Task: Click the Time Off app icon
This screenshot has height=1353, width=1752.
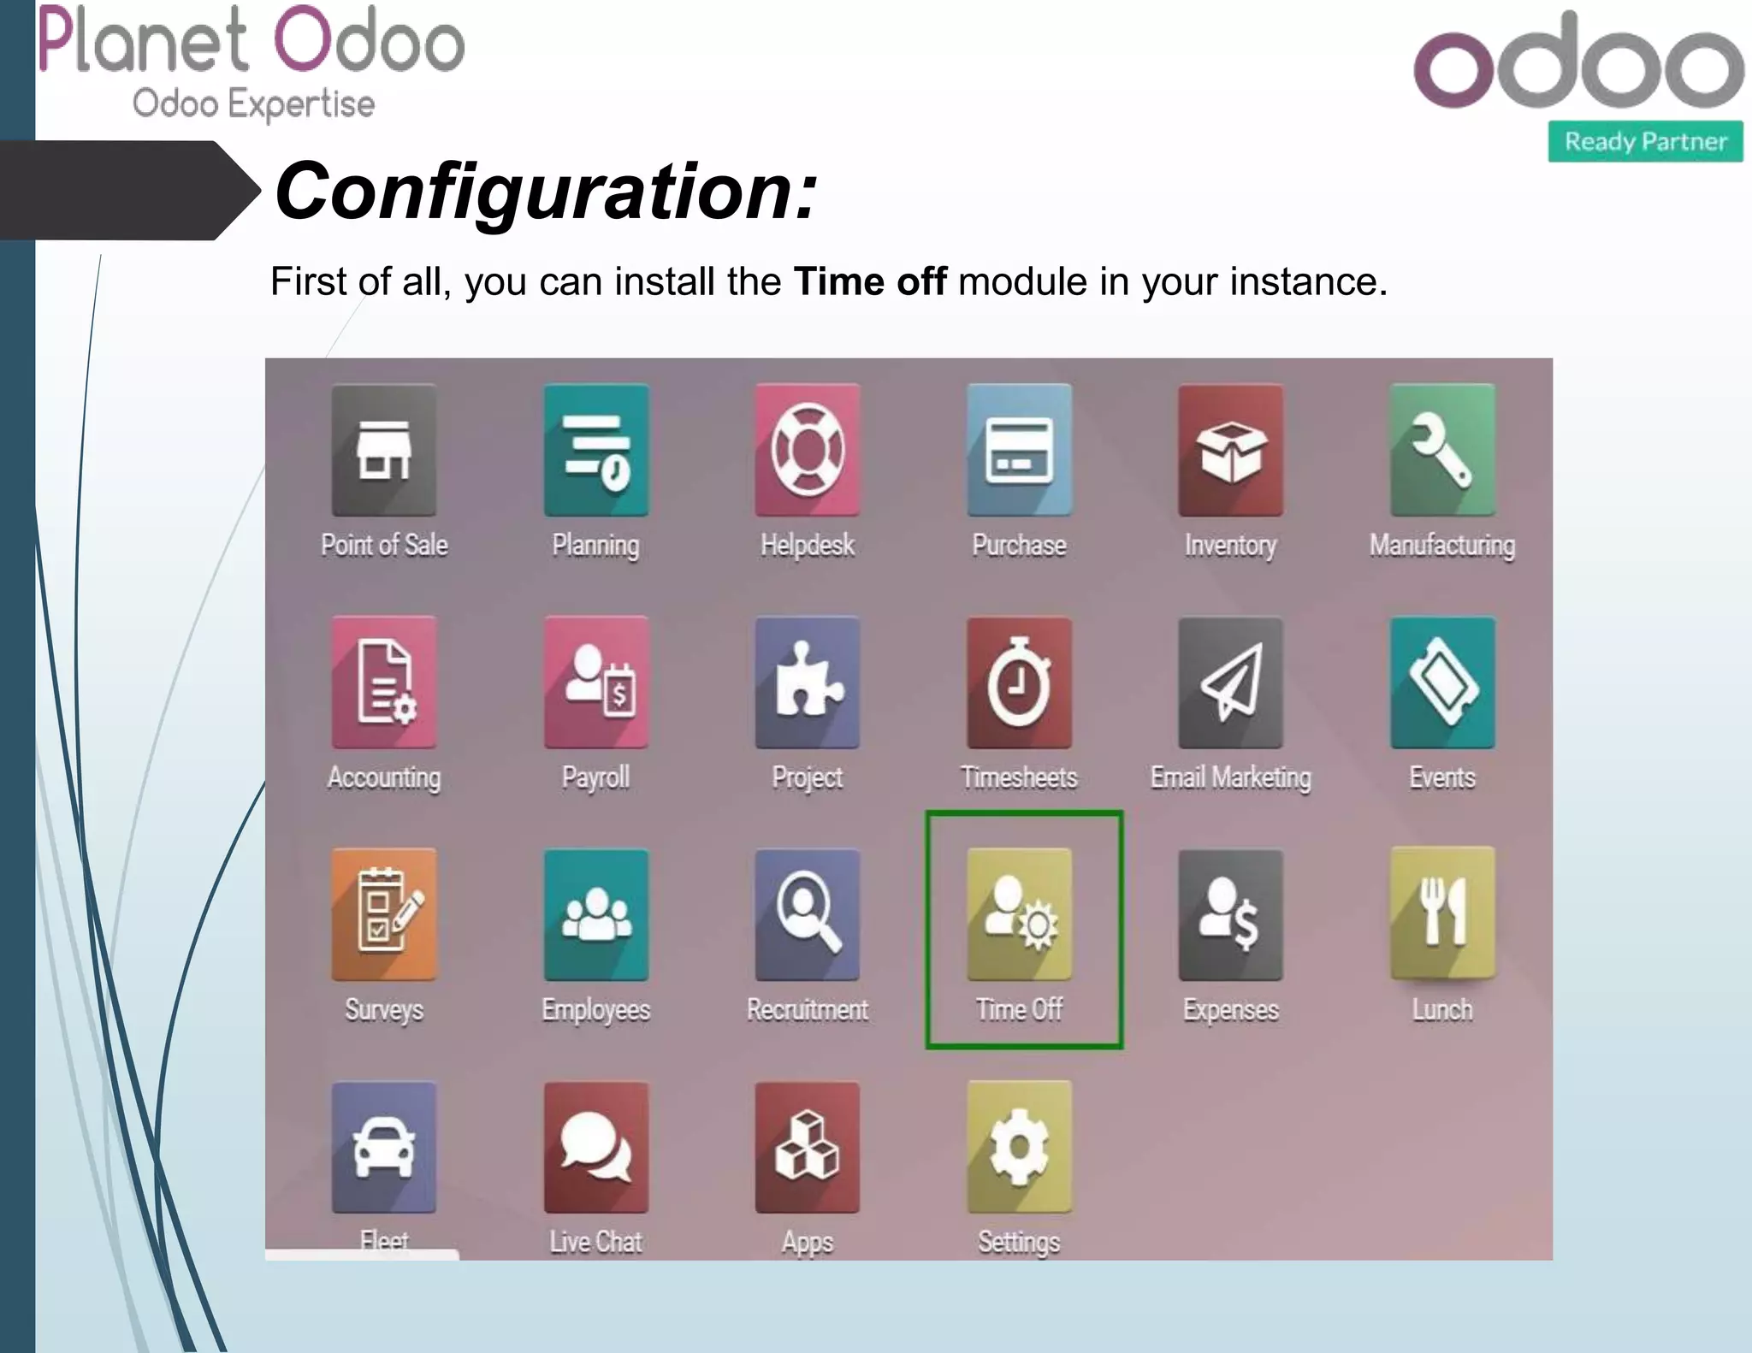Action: pos(1019,914)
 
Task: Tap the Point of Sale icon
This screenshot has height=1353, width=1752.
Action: pos(384,450)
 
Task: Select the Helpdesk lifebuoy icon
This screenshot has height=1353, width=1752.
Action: pos(807,450)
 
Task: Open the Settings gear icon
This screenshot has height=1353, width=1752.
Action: pos(1019,1147)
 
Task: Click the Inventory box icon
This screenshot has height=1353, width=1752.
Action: pos(1230,450)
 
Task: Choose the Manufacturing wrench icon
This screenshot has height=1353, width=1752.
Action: pos(1442,450)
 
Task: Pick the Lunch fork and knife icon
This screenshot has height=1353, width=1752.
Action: pos(1442,914)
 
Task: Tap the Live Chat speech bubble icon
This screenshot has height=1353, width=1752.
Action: pos(595,1147)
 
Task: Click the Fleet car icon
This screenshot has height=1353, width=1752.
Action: pos(384,1147)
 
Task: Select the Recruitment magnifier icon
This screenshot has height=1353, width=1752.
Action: pos(807,914)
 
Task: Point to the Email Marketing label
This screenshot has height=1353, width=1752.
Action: pos(1230,777)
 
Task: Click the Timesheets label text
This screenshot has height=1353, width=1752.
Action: pos(1019,777)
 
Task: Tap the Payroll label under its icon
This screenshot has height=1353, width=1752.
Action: pos(595,777)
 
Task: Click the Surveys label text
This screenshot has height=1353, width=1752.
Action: pos(384,1010)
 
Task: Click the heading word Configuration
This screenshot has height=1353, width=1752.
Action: pos(546,192)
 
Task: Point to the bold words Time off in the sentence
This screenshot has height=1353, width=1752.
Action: pos(869,281)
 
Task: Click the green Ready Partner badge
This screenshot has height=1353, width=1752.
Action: pos(1645,141)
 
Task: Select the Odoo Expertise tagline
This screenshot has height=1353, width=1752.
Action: pos(253,103)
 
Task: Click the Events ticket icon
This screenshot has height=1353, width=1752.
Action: pos(1442,682)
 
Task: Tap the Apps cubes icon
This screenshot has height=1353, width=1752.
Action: pos(807,1147)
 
